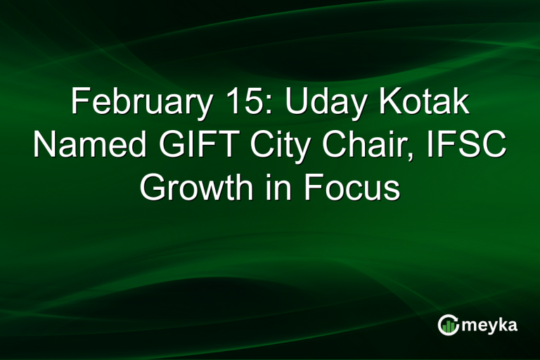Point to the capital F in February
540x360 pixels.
pyautogui.click(x=79, y=105)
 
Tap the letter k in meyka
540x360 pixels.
pyautogui.click(x=505, y=325)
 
